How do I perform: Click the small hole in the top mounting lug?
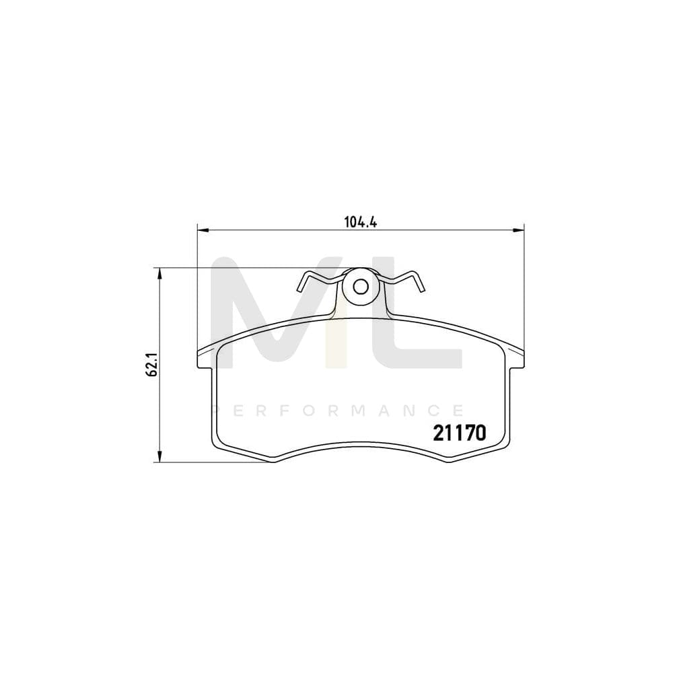tap(360, 286)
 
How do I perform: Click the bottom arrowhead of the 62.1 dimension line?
tap(160, 459)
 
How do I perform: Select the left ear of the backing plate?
tap(205, 358)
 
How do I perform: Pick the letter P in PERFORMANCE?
tap(215, 410)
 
